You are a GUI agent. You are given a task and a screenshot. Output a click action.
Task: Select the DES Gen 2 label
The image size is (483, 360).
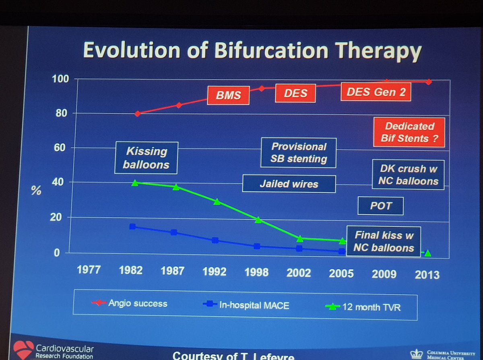pyautogui.click(x=376, y=93)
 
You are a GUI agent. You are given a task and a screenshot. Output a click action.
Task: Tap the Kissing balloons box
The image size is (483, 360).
pyautogui.click(x=147, y=158)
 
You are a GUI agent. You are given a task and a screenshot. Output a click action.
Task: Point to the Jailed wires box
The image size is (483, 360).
pyautogui.click(x=289, y=184)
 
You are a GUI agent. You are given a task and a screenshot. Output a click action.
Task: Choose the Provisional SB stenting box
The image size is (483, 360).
pyautogui.click(x=299, y=153)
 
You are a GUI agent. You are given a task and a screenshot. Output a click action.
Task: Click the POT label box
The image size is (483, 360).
pyautogui.click(x=381, y=206)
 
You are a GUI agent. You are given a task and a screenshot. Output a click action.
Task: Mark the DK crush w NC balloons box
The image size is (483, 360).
pyautogui.click(x=408, y=175)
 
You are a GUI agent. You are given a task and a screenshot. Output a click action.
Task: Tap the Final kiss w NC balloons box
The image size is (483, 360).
pyautogui.click(x=384, y=241)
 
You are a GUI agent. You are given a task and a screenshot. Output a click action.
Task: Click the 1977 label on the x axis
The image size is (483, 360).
pyautogui.click(x=89, y=269)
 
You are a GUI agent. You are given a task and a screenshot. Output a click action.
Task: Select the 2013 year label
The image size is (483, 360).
pyautogui.click(x=427, y=274)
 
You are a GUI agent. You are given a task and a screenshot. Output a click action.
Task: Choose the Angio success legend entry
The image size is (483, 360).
pyautogui.click(x=137, y=302)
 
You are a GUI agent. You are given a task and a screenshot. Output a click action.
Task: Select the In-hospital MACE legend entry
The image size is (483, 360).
pyautogui.click(x=253, y=305)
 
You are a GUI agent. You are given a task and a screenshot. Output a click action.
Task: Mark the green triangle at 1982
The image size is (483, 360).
pyautogui.click(x=134, y=183)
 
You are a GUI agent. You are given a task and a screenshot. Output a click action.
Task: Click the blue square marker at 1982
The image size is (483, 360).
pyautogui.click(x=132, y=227)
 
